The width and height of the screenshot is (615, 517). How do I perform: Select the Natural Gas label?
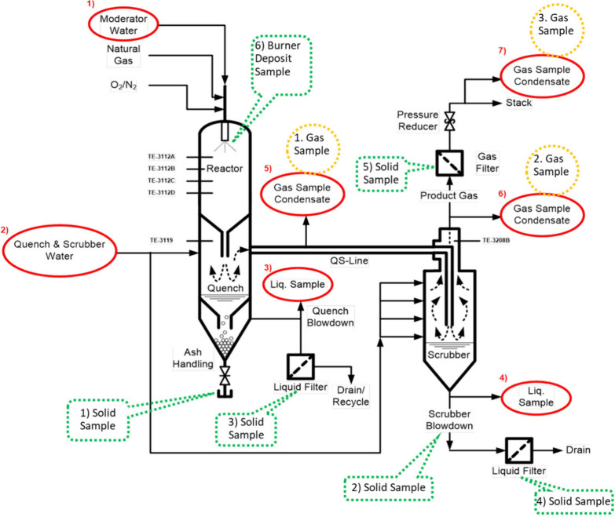point(123,54)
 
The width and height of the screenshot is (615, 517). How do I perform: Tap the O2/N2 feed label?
point(123,85)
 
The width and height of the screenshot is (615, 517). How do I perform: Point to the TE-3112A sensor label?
point(161,157)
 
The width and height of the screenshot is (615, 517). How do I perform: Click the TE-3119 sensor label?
point(161,240)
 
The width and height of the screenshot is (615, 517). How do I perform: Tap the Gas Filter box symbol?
point(449,163)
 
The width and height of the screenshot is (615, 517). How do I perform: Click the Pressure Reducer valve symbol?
point(449,121)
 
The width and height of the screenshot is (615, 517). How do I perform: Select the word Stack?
point(518,103)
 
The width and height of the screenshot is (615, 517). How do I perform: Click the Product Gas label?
point(448,195)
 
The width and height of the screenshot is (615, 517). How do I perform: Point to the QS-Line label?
point(349,260)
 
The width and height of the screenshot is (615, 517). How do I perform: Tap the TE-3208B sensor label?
point(496,240)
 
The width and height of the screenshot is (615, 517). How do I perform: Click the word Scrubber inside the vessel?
point(448,355)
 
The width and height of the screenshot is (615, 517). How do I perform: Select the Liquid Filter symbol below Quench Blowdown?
point(301,367)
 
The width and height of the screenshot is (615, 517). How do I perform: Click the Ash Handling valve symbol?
point(225,376)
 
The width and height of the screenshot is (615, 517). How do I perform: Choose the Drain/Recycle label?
point(350,395)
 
